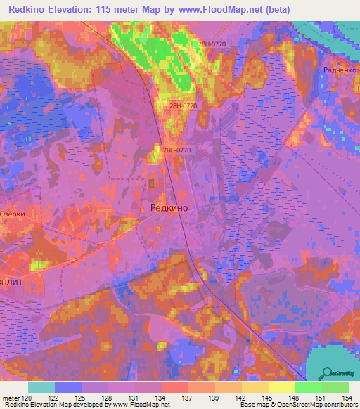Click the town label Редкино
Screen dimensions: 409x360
(169, 207)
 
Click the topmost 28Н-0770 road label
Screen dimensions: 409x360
(212, 44)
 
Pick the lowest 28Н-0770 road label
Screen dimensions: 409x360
(176, 150)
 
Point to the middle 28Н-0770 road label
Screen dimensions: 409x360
(183, 105)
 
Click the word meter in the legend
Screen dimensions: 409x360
(11, 398)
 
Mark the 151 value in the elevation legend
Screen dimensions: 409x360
(321, 398)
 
